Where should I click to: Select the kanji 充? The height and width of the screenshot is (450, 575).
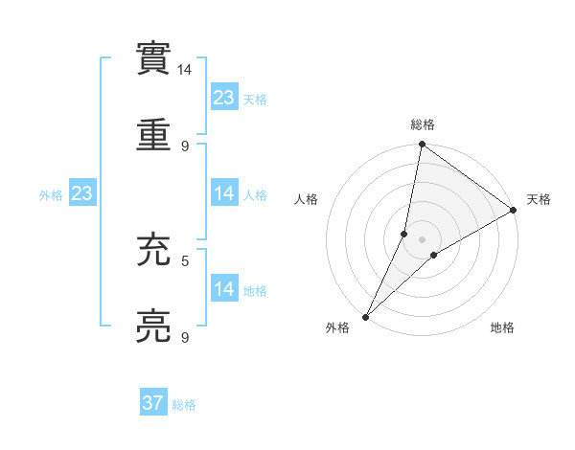[155, 248]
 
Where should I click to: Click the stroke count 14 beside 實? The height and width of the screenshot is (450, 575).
[185, 70]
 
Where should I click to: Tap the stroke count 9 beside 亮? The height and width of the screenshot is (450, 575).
[185, 337]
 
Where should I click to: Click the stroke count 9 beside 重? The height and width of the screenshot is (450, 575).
[185, 146]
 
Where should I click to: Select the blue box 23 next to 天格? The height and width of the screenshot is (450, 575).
[224, 98]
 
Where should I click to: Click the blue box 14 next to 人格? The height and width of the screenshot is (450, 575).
[224, 193]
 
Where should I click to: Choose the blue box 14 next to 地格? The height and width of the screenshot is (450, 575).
[224, 289]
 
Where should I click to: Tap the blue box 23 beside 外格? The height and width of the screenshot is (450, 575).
[82, 193]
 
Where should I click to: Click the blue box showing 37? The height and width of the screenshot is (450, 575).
[153, 403]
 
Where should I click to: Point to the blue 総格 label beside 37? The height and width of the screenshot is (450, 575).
[185, 405]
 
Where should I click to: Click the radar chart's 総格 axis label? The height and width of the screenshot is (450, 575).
[423, 124]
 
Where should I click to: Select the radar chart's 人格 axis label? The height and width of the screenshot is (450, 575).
[307, 199]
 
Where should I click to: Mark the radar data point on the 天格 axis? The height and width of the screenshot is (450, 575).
[514, 211]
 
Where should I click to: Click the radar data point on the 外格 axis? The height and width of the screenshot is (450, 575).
[365, 317]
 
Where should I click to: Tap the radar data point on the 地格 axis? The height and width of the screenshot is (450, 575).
[434, 255]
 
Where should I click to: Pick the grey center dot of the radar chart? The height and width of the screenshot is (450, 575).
[423, 239]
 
